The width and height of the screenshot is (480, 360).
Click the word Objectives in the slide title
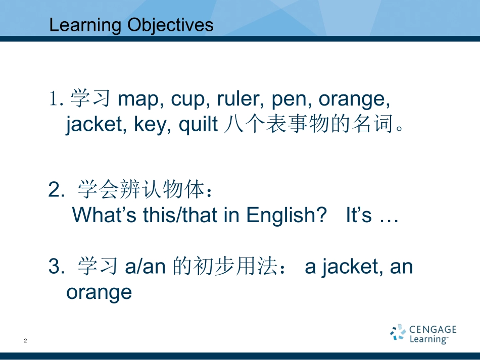coord(170,26)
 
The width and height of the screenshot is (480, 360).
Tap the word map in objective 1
coord(138,100)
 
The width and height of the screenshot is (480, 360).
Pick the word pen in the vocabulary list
coord(289,100)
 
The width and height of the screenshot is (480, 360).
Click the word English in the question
coord(286,215)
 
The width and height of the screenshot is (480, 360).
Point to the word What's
coord(104,215)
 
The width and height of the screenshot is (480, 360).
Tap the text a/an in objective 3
coord(146,267)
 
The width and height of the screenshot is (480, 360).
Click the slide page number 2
coord(25,340)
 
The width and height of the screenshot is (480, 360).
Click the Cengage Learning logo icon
coord(398,332)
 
